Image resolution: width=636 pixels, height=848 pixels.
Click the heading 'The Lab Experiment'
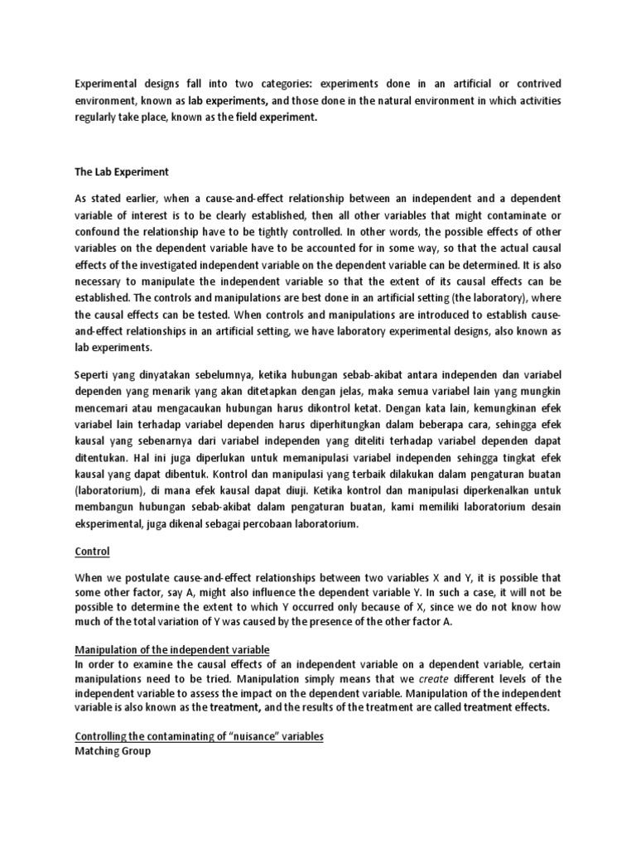click(122, 172)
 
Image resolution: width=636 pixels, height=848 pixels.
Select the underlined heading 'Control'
click(92, 551)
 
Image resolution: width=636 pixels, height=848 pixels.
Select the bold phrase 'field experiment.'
click(272, 118)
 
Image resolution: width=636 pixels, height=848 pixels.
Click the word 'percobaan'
click(272, 524)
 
